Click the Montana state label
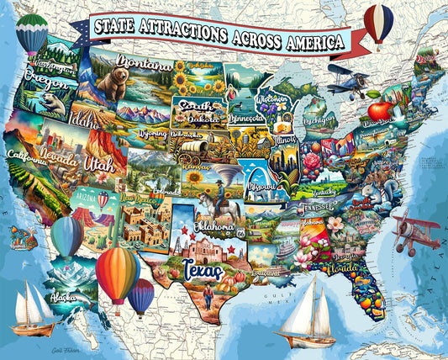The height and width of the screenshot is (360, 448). click(x=145, y=63)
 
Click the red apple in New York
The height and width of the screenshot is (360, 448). click(x=379, y=110)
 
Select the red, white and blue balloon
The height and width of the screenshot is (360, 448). click(x=378, y=23)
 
